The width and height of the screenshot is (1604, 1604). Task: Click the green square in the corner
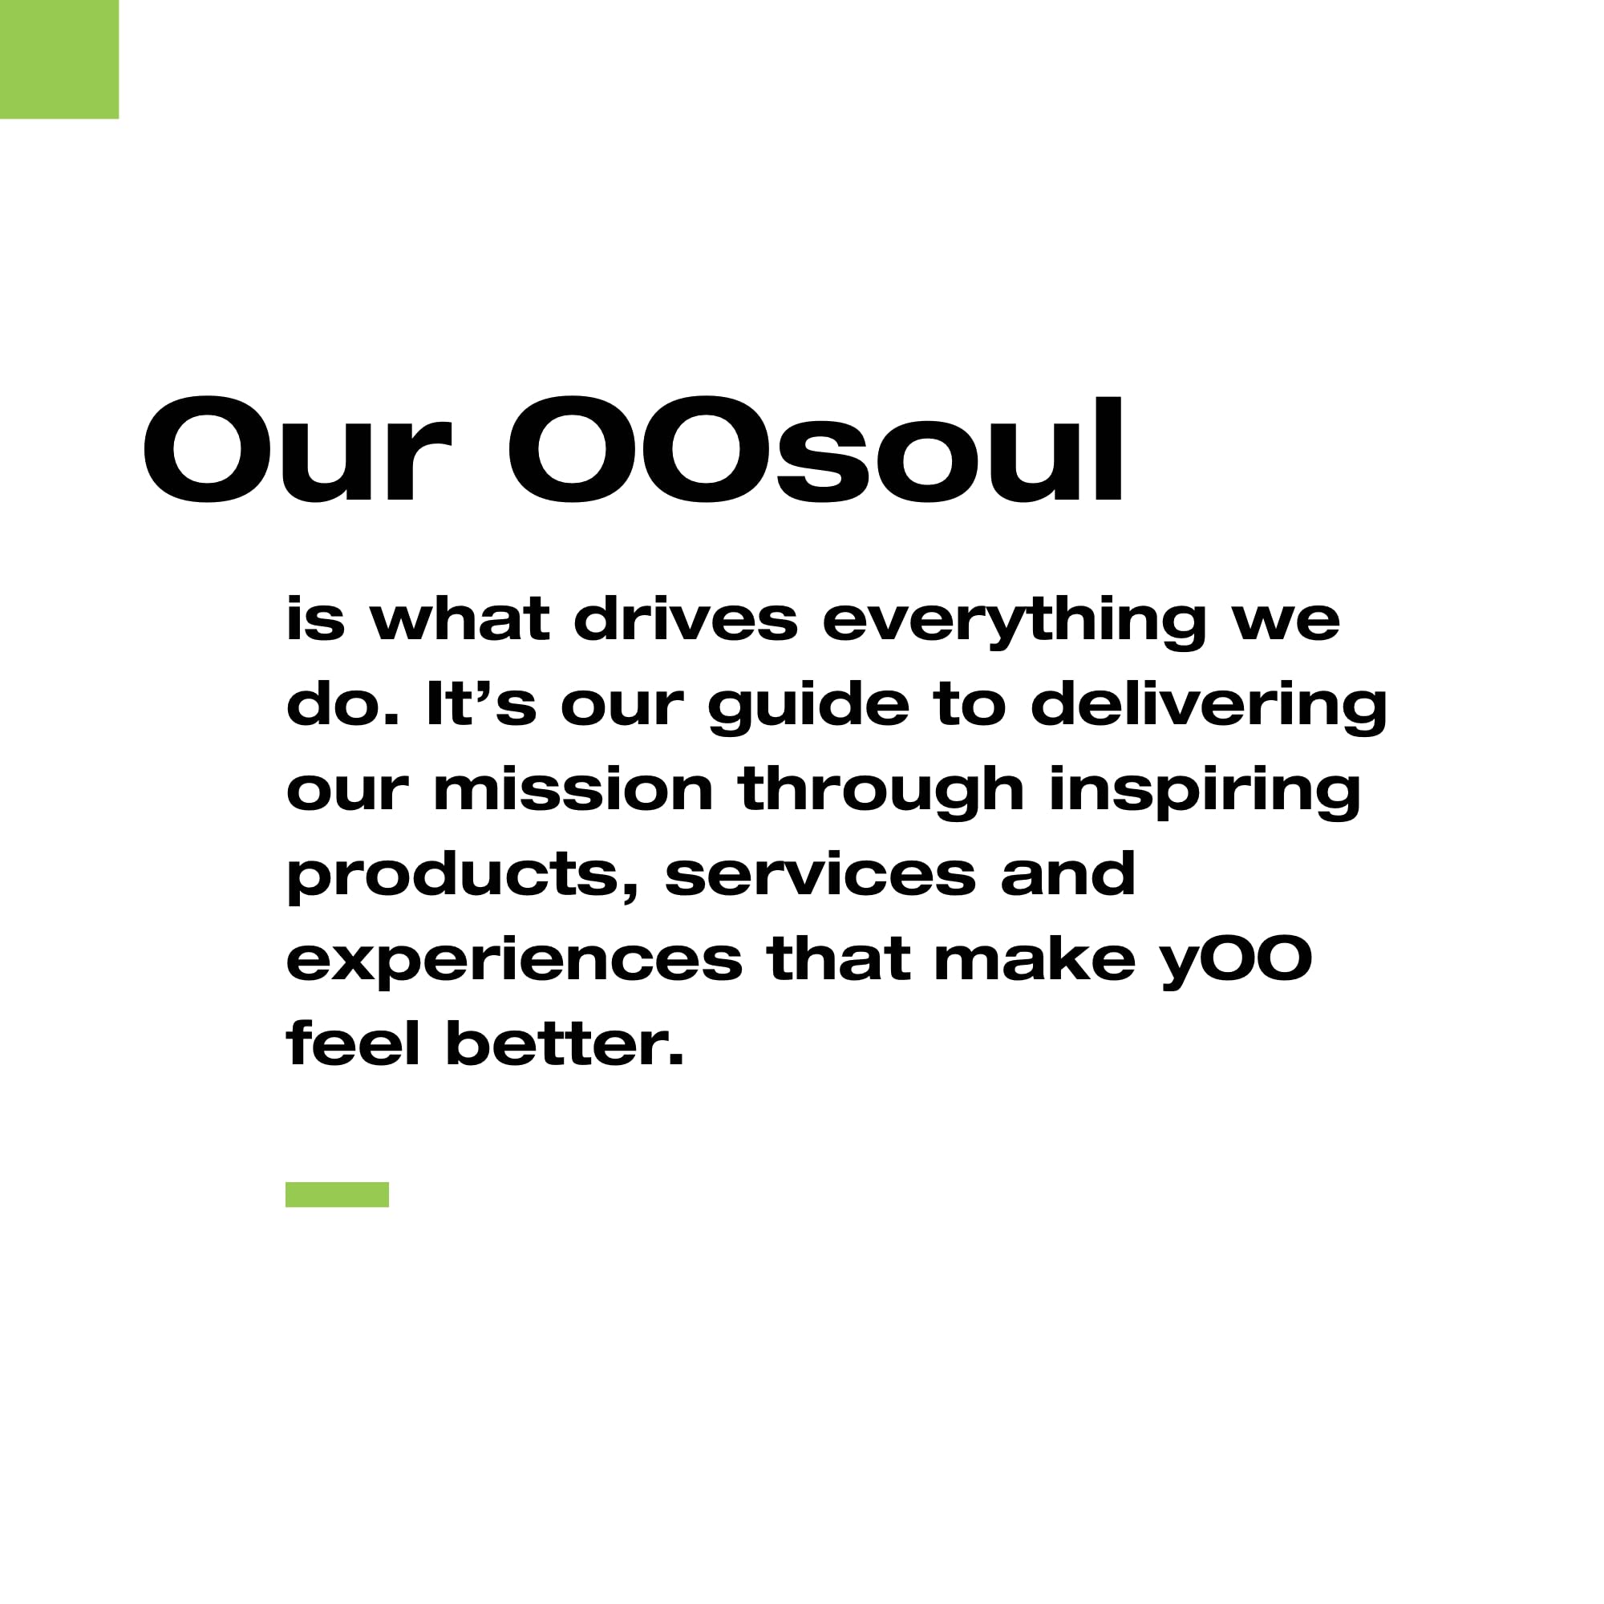click(x=59, y=59)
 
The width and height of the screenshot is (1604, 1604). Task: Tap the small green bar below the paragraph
click(x=337, y=1194)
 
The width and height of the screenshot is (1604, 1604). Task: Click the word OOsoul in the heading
click(x=816, y=449)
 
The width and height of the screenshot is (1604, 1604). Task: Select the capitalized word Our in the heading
click(x=298, y=449)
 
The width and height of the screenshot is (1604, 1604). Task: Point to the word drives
click(x=686, y=618)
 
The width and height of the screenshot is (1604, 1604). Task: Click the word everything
click(x=1015, y=622)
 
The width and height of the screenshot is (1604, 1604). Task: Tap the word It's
click(x=480, y=703)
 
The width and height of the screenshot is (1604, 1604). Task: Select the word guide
click(x=808, y=707)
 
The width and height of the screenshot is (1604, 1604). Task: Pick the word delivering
click(x=1209, y=707)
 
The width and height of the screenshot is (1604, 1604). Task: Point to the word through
click(x=881, y=792)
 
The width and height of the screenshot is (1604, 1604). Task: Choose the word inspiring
click(x=1205, y=792)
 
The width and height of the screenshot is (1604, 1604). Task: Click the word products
click(x=464, y=878)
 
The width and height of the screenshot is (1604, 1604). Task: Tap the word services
click(x=820, y=873)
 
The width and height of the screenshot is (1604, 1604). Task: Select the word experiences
click(x=514, y=962)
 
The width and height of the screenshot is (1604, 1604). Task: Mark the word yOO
click(x=1236, y=962)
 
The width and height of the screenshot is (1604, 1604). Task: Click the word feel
click(x=353, y=1043)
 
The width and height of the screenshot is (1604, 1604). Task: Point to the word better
click(x=565, y=1043)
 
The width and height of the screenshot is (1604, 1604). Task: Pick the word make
click(x=1035, y=958)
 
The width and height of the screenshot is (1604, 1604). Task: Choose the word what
click(x=459, y=618)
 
